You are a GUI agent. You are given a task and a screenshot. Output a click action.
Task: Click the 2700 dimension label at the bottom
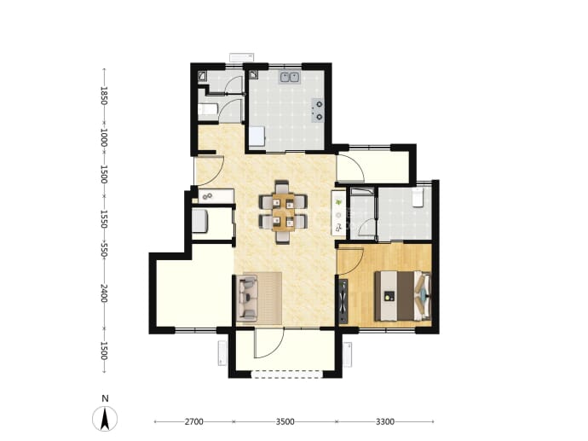tap(194, 421)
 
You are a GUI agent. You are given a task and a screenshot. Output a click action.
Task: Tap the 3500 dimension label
tap(285, 421)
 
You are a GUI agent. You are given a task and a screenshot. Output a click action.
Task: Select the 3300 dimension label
tap(384, 421)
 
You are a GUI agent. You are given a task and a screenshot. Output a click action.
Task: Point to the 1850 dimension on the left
tap(104, 96)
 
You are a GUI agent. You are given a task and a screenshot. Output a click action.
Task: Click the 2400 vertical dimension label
tap(104, 293)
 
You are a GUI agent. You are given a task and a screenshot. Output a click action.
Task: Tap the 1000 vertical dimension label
tap(104, 138)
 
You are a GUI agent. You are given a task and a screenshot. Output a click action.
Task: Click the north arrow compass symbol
tap(105, 419)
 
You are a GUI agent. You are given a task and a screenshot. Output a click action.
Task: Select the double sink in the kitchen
tap(289, 78)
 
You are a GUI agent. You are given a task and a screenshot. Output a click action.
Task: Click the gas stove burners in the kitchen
tap(318, 111)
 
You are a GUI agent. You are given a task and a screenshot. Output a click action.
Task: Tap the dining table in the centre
tap(284, 212)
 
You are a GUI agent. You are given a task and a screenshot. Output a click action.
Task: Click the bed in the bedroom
tap(403, 296)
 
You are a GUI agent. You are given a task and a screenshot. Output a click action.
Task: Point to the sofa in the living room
tap(247, 298)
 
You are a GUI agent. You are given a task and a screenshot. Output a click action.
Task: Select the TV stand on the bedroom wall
tap(343, 301)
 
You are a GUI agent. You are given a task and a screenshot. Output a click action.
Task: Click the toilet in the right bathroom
tap(418, 198)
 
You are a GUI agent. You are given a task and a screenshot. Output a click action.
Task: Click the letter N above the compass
tap(106, 398)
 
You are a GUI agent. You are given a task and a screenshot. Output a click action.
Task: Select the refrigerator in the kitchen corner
tap(257, 136)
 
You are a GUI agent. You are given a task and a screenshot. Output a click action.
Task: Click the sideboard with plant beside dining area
tap(338, 213)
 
